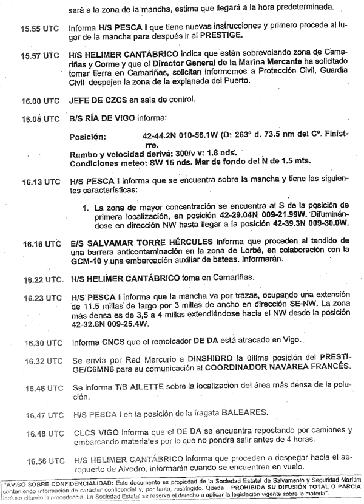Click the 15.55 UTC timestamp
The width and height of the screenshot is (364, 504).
pos(38,28)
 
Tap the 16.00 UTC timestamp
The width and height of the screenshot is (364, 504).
pos(38,99)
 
